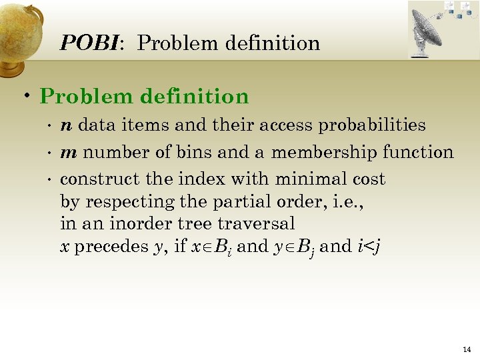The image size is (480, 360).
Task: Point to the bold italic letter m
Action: click(68, 153)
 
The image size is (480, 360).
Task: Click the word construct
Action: click(93, 179)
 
